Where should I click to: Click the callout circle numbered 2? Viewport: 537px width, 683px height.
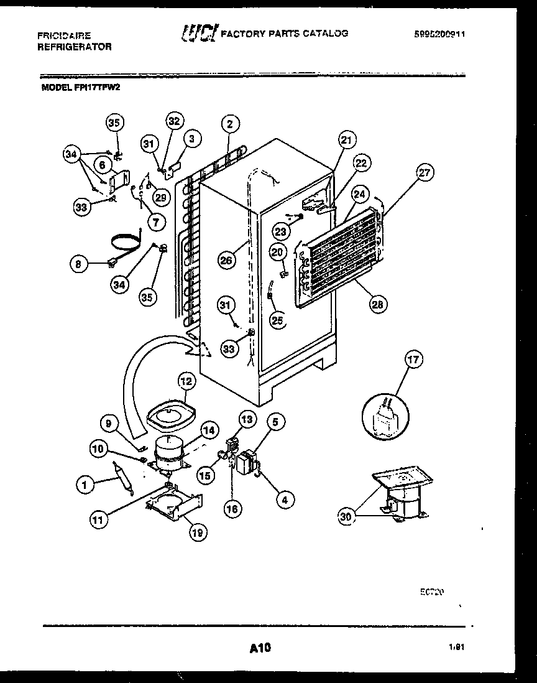point(229,124)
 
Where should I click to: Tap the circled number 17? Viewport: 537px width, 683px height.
point(413,359)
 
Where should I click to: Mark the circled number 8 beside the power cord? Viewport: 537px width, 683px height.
point(79,264)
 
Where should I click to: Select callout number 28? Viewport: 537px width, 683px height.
point(378,304)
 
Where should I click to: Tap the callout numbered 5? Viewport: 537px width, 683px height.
point(277,422)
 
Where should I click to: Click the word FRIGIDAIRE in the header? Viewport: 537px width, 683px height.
point(63,36)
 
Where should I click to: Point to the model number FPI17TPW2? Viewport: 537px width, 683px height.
point(98,88)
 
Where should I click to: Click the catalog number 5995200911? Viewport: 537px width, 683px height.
point(439,35)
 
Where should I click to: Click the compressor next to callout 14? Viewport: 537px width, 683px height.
point(169,452)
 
